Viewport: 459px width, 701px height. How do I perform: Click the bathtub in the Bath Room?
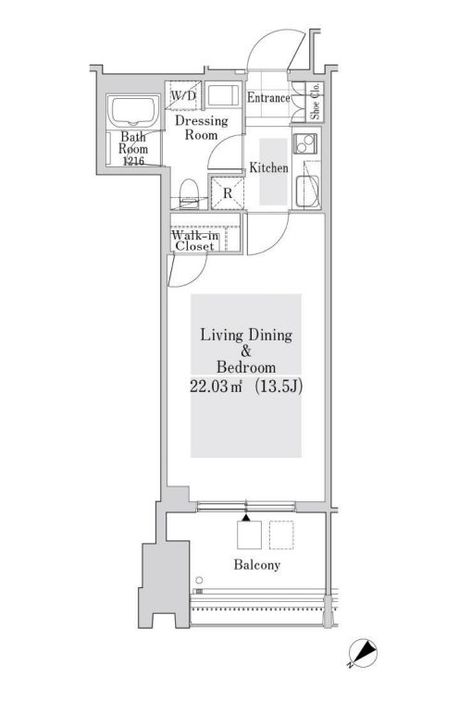(134, 113)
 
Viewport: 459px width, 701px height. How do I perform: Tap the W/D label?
(181, 94)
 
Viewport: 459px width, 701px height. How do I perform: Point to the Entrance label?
(269, 98)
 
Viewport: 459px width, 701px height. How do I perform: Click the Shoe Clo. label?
(315, 103)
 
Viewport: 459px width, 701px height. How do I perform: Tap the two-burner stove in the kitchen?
(306, 145)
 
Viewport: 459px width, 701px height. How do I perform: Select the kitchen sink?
(306, 191)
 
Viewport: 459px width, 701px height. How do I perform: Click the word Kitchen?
(268, 168)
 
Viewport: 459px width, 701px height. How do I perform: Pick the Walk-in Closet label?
(194, 240)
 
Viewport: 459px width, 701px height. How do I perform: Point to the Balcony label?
(256, 564)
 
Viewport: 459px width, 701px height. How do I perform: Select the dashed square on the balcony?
(281, 536)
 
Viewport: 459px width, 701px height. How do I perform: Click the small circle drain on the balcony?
(197, 581)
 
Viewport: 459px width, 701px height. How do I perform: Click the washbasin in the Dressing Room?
(220, 97)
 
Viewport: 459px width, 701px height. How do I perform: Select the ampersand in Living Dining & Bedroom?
(246, 351)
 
